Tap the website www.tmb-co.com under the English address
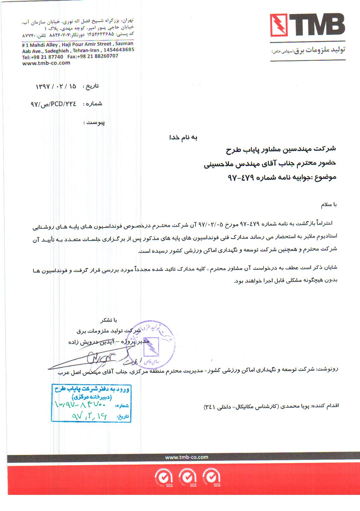(x=46, y=63)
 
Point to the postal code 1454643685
(x=119, y=50)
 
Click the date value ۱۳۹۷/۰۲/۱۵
(x=56, y=86)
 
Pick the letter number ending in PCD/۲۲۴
(x=53, y=104)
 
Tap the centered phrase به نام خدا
(x=183, y=137)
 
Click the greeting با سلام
(x=329, y=204)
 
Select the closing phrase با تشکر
(x=109, y=320)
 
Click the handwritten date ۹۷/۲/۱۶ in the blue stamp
(x=89, y=416)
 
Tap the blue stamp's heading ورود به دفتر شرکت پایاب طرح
(x=92, y=389)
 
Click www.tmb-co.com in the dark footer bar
(x=187, y=457)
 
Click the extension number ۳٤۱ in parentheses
(x=210, y=407)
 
